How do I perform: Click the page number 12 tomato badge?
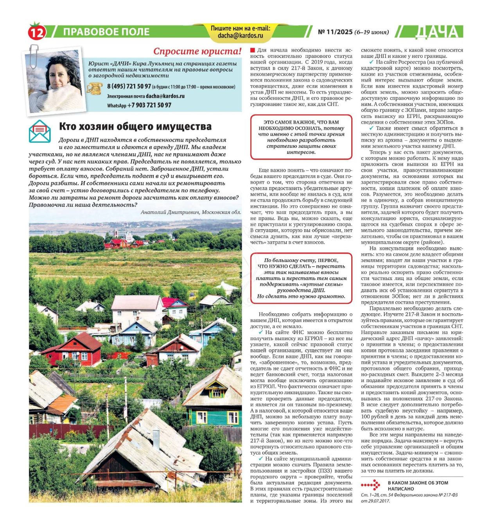pos(37,32)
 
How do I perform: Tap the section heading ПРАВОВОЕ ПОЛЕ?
pos(106,32)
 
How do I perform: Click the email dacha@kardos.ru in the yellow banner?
pos(240,36)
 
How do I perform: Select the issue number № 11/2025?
pos(335,32)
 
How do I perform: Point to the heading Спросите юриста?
pos(198,51)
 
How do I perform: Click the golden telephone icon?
pos(94,89)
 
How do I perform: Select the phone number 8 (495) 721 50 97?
pos(129,86)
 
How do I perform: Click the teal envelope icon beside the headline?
pos(40,131)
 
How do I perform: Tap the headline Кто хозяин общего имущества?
pos(135,126)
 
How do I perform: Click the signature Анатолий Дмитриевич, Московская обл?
pos(191,212)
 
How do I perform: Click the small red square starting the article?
pos(253,50)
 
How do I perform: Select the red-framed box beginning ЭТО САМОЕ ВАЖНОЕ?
pos(301,137)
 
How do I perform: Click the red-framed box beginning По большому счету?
pos(301,278)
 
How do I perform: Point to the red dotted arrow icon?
pos(370,485)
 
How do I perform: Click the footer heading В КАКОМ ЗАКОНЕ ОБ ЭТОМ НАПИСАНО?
pos(418,485)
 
